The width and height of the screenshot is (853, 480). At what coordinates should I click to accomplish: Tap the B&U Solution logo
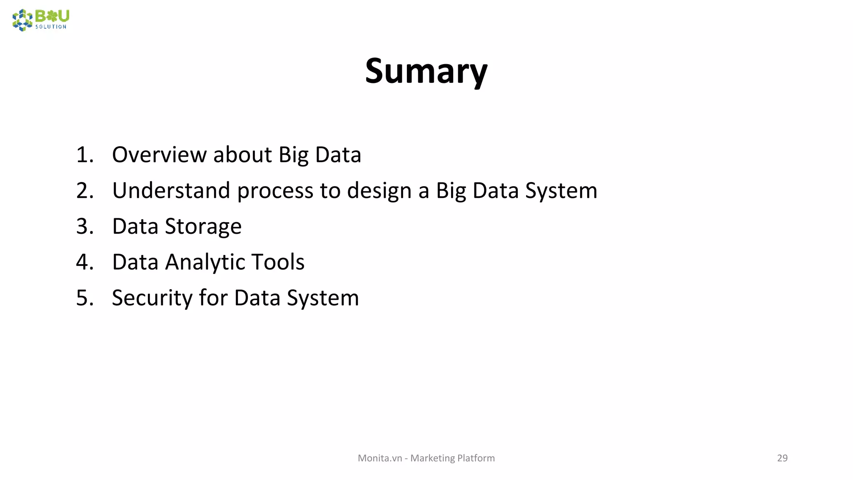[x=41, y=20]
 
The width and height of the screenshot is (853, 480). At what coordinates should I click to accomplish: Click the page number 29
[x=782, y=458]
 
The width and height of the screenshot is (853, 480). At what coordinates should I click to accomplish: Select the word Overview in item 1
[x=159, y=155]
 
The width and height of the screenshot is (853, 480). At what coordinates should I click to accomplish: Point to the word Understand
[x=171, y=190]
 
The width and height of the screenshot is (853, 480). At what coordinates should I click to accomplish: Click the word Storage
[x=203, y=227]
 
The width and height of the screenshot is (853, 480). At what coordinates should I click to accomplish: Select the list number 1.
[x=85, y=155]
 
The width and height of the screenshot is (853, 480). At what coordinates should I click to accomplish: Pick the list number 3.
[x=85, y=226]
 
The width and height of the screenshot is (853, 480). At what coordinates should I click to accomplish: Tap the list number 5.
[x=85, y=298]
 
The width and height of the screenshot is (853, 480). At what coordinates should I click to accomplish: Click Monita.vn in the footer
[x=380, y=458]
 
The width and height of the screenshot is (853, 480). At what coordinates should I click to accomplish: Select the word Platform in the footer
[x=476, y=458]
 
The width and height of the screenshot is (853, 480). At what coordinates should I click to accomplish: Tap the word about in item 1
[x=242, y=155]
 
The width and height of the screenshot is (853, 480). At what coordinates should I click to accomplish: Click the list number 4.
[x=85, y=262]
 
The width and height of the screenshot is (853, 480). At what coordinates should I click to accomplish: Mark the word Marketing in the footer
[x=432, y=458]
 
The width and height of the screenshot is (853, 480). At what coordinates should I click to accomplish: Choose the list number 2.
[x=85, y=190]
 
